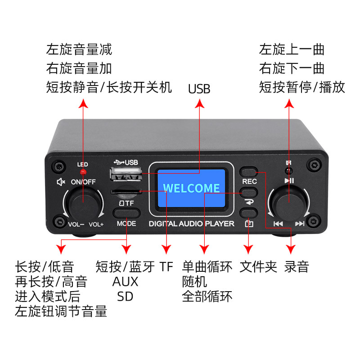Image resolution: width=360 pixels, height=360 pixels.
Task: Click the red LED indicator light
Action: click(82, 172)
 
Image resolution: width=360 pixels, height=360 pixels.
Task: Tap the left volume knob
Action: click(83, 202)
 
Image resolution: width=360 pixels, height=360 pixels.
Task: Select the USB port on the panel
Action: click(126, 174)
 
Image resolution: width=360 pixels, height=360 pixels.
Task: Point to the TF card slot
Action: click(126, 193)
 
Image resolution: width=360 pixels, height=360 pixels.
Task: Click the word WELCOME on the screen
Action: click(191, 188)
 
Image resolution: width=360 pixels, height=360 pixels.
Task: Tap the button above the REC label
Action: click(249, 171)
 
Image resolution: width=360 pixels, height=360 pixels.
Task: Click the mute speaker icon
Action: click(61, 182)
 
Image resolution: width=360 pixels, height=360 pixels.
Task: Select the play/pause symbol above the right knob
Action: click(289, 181)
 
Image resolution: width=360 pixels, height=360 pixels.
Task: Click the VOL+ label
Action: click(97, 224)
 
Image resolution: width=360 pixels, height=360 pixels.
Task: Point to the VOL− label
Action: click(75, 224)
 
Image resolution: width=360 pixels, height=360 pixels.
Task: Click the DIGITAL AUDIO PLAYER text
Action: click(191, 224)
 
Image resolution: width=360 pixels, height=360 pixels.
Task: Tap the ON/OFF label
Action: click(83, 182)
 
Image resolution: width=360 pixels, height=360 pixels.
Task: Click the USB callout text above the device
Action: click(199, 89)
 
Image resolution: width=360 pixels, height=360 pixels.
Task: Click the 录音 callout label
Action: click(297, 267)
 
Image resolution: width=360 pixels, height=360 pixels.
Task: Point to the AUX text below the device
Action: click(125, 282)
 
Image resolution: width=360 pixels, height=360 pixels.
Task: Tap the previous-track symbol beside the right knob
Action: click(278, 224)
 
